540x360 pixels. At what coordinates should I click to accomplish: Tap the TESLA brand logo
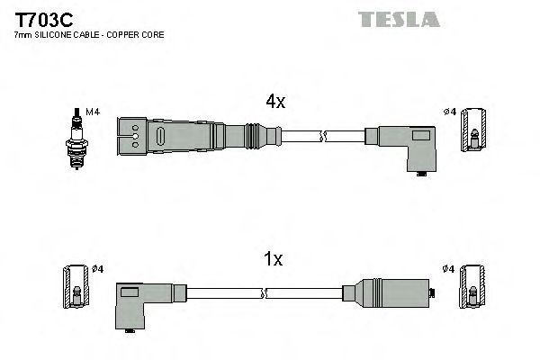tap(399, 19)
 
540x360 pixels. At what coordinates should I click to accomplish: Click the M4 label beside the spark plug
tap(91, 111)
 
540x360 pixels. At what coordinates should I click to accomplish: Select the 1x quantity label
tap(273, 260)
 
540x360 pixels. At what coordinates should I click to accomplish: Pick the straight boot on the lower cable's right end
tap(391, 292)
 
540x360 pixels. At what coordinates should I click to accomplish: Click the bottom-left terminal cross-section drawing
tap(76, 288)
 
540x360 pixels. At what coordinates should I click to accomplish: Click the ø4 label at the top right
tap(450, 112)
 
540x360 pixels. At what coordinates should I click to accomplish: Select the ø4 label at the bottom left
tap(97, 269)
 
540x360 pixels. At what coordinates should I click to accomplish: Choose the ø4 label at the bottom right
tap(449, 269)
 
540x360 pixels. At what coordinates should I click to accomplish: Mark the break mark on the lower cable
tap(266, 292)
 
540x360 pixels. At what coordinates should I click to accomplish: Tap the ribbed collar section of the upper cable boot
tap(256, 137)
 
